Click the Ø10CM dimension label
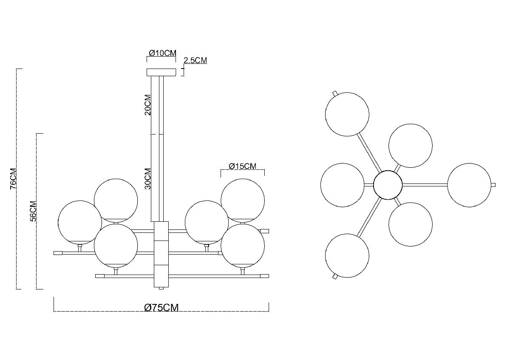(x=162, y=53)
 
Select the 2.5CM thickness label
(x=195, y=60)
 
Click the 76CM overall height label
(x=13, y=178)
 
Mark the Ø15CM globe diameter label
(x=242, y=166)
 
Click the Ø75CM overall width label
(x=161, y=308)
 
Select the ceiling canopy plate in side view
(x=161, y=72)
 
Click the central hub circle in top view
(x=388, y=185)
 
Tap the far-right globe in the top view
(x=469, y=185)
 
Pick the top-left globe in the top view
(x=347, y=114)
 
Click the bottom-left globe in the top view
(x=347, y=256)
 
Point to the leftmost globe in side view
(x=79, y=222)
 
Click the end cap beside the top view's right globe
(x=493, y=185)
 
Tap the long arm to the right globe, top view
(x=425, y=185)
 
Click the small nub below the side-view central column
(x=161, y=289)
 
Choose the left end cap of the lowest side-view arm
(x=100, y=276)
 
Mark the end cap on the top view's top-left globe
(x=334, y=93)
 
